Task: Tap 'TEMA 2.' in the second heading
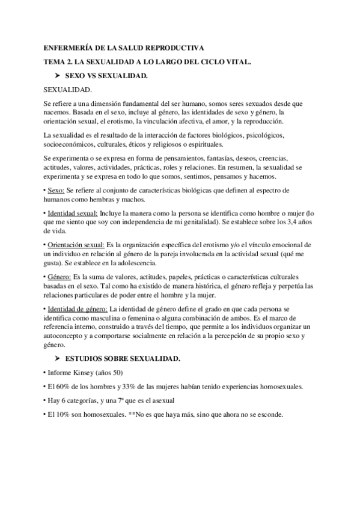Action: point(58,62)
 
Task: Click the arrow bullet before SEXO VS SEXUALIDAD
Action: point(58,76)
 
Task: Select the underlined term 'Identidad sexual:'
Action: point(72,213)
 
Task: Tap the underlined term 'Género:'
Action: point(59,277)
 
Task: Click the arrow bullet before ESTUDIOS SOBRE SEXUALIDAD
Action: point(58,358)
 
